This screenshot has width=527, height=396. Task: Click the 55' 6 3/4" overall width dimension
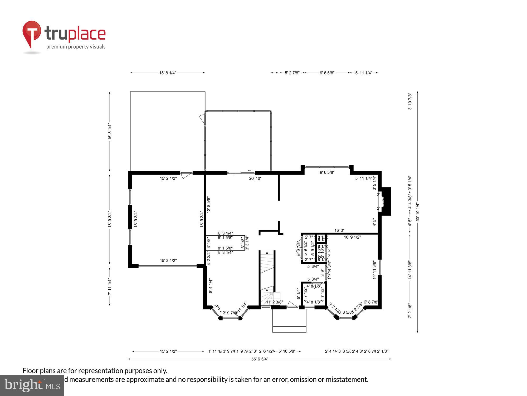tap(260, 359)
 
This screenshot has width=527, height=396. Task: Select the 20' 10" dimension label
tap(255, 178)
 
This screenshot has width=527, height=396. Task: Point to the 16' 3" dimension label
tap(339, 230)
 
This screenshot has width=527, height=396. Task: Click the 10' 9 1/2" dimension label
tap(352, 237)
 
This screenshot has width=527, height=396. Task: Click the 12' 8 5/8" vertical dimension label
tap(209, 205)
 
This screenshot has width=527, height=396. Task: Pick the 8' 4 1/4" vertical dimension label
tap(211, 286)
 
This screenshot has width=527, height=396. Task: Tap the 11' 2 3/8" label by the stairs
tap(274, 302)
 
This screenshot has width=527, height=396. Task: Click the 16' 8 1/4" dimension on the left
tap(110, 131)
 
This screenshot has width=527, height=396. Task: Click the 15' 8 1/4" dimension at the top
tap(168, 73)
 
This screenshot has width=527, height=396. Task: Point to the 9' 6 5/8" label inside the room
tap(327, 173)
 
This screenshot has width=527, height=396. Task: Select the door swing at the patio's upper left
tap(202, 119)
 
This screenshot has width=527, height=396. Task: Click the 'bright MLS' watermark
tap(32, 385)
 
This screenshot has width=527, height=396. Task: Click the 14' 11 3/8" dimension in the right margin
tap(410, 269)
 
